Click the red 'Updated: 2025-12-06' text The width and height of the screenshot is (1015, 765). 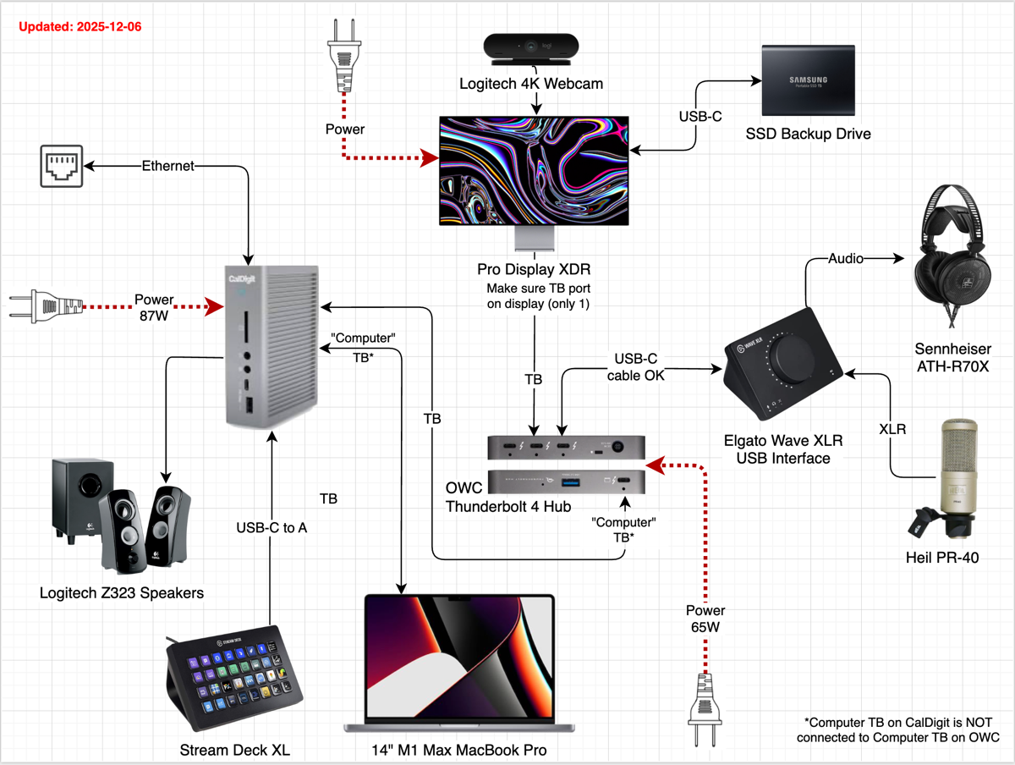pyautogui.click(x=80, y=26)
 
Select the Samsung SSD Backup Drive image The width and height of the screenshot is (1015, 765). pyautogui.click(x=808, y=80)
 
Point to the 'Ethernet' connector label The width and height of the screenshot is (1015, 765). pyautogui.click(x=167, y=166)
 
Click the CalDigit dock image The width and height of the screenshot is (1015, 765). pyautogui.click(x=272, y=347)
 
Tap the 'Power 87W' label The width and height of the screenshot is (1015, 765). pyautogui.click(x=154, y=306)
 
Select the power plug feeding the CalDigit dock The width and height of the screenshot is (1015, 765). pyautogui.click(x=45, y=305)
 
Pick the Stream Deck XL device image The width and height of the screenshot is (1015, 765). pyautogui.click(x=234, y=673)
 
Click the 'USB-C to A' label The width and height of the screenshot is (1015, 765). pyautogui.click(x=271, y=528)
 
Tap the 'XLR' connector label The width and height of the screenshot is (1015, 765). pyautogui.click(x=892, y=429)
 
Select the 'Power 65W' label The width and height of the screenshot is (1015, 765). pyautogui.click(x=705, y=619)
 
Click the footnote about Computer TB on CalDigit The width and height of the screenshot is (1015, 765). pyautogui.click(x=902, y=729)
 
